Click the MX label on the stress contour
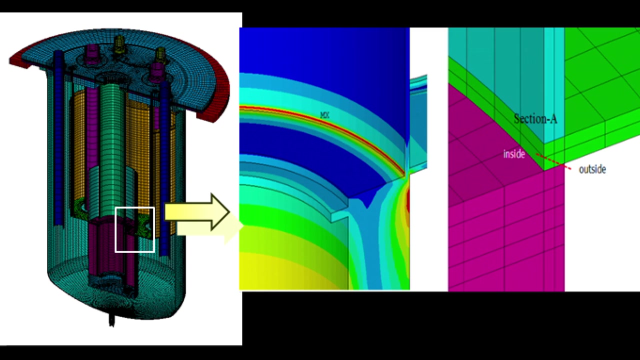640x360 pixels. click(325, 115)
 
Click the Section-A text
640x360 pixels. click(535, 119)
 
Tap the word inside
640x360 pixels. click(514, 154)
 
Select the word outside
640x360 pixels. click(592, 169)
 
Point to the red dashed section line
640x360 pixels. click(553, 161)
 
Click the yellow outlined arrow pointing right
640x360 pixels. click(197, 212)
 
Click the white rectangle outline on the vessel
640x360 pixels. click(134, 229)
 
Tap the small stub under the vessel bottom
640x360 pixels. click(111, 320)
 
